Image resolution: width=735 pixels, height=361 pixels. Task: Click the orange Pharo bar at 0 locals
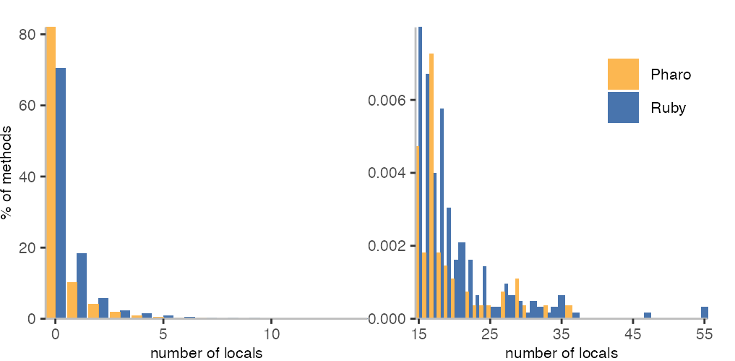51,174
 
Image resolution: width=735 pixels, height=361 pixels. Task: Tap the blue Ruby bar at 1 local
82,286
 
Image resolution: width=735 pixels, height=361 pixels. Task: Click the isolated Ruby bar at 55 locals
705,313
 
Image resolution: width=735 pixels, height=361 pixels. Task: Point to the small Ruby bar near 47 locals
648,315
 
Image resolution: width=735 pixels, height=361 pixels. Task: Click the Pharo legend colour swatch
623,75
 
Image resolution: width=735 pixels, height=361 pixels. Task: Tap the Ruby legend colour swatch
623,107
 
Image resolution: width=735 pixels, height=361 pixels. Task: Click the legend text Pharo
671,75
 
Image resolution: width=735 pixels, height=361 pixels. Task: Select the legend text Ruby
668,108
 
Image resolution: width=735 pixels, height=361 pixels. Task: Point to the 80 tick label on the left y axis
27,34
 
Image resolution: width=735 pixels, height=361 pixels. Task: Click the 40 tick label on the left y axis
27,177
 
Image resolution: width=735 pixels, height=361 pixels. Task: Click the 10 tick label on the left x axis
271,335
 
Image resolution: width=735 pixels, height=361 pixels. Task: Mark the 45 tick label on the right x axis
633,335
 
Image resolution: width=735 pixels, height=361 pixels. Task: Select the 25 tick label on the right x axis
490,335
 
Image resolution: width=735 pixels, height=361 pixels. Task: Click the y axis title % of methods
7,172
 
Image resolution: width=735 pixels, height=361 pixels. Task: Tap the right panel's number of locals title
562,354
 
